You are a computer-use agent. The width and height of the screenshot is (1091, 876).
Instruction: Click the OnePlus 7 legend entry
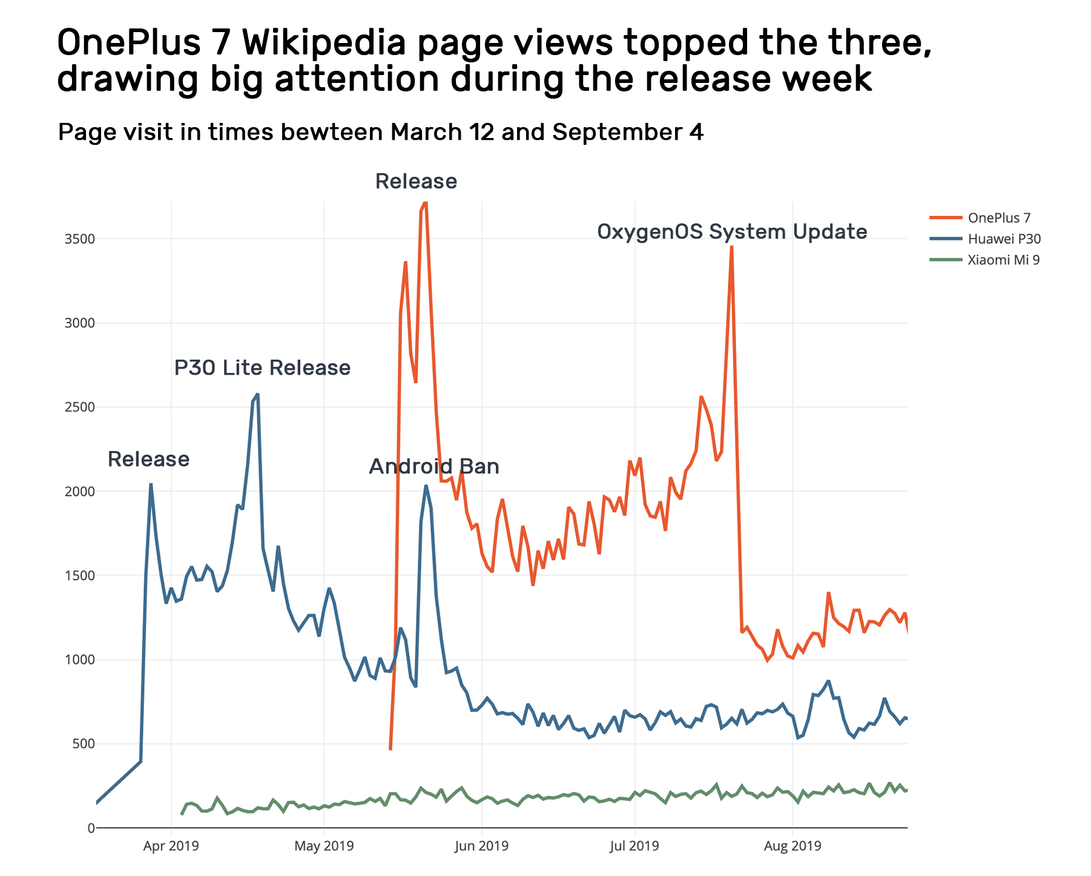(998, 218)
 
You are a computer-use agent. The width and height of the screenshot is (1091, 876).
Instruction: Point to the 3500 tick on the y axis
(79, 239)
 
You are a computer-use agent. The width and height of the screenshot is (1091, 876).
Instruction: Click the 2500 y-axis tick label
(79, 407)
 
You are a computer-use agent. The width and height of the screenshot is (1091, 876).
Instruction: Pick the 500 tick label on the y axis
(84, 744)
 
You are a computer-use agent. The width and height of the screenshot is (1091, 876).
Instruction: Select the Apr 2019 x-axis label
(171, 846)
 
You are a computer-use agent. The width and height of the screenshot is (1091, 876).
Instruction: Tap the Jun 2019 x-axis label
(481, 846)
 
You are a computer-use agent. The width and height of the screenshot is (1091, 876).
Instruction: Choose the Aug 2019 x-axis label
(792, 846)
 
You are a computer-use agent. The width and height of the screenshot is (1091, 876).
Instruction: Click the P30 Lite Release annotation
(262, 368)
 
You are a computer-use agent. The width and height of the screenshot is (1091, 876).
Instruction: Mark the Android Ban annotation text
(434, 467)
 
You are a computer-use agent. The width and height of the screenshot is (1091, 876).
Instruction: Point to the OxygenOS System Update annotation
(731, 232)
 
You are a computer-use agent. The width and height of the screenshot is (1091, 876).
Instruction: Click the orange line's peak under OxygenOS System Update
(731, 247)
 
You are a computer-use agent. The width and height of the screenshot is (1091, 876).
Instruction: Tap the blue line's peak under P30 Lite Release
(257, 394)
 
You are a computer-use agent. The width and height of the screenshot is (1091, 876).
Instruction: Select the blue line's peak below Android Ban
(426, 486)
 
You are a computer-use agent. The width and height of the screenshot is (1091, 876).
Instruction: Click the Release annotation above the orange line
(416, 182)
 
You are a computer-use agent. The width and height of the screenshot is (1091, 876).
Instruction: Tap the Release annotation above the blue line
(148, 459)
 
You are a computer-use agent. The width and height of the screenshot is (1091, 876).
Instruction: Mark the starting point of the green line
(182, 814)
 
